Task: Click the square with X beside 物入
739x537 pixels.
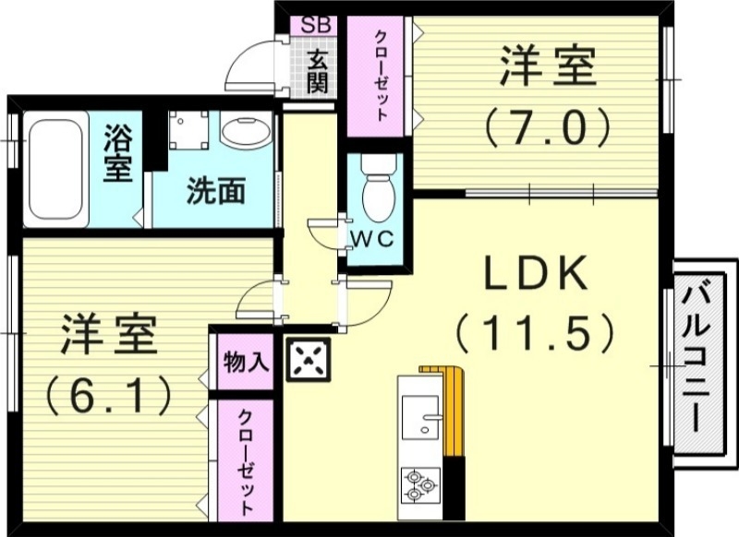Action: click(x=309, y=360)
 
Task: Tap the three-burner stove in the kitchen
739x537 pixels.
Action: click(x=420, y=485)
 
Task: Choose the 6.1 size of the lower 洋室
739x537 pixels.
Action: click(x=109, y=394)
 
